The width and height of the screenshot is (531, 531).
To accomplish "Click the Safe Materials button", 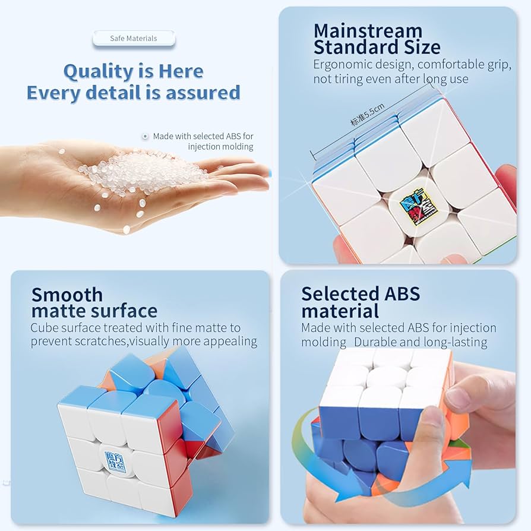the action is click(x=134, y=39).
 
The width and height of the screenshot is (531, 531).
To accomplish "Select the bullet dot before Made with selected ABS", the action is click(x=146, y=137).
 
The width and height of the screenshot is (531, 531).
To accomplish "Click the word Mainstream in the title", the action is click(x=368, y=31).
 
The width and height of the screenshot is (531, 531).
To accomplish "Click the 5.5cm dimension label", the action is click(x=368, y=115).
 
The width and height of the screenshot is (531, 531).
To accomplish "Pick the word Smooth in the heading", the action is click(x=67, y=295).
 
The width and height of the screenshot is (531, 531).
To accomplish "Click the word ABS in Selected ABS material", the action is click(x=402, y=293).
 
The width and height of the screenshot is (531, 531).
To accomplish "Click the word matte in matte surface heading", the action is click(x=60, y=311).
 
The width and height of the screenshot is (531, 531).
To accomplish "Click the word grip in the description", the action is click(x=499, y=65).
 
